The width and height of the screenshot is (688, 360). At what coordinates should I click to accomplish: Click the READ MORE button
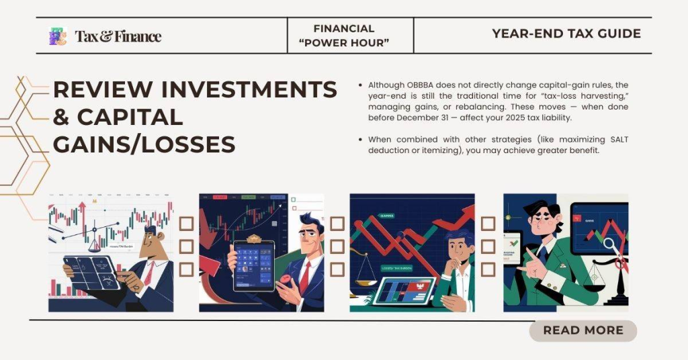tap(583, 330)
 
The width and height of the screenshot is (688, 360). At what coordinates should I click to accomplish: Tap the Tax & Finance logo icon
tap(58, 36)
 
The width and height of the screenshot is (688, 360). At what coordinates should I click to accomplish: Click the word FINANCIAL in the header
tap(344, 28)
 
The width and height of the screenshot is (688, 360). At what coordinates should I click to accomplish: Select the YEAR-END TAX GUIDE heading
tap(566, 34)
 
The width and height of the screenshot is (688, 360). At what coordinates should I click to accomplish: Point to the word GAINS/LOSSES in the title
tap(144, 144)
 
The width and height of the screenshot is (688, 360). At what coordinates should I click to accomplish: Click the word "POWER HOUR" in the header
tap(351, 43)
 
